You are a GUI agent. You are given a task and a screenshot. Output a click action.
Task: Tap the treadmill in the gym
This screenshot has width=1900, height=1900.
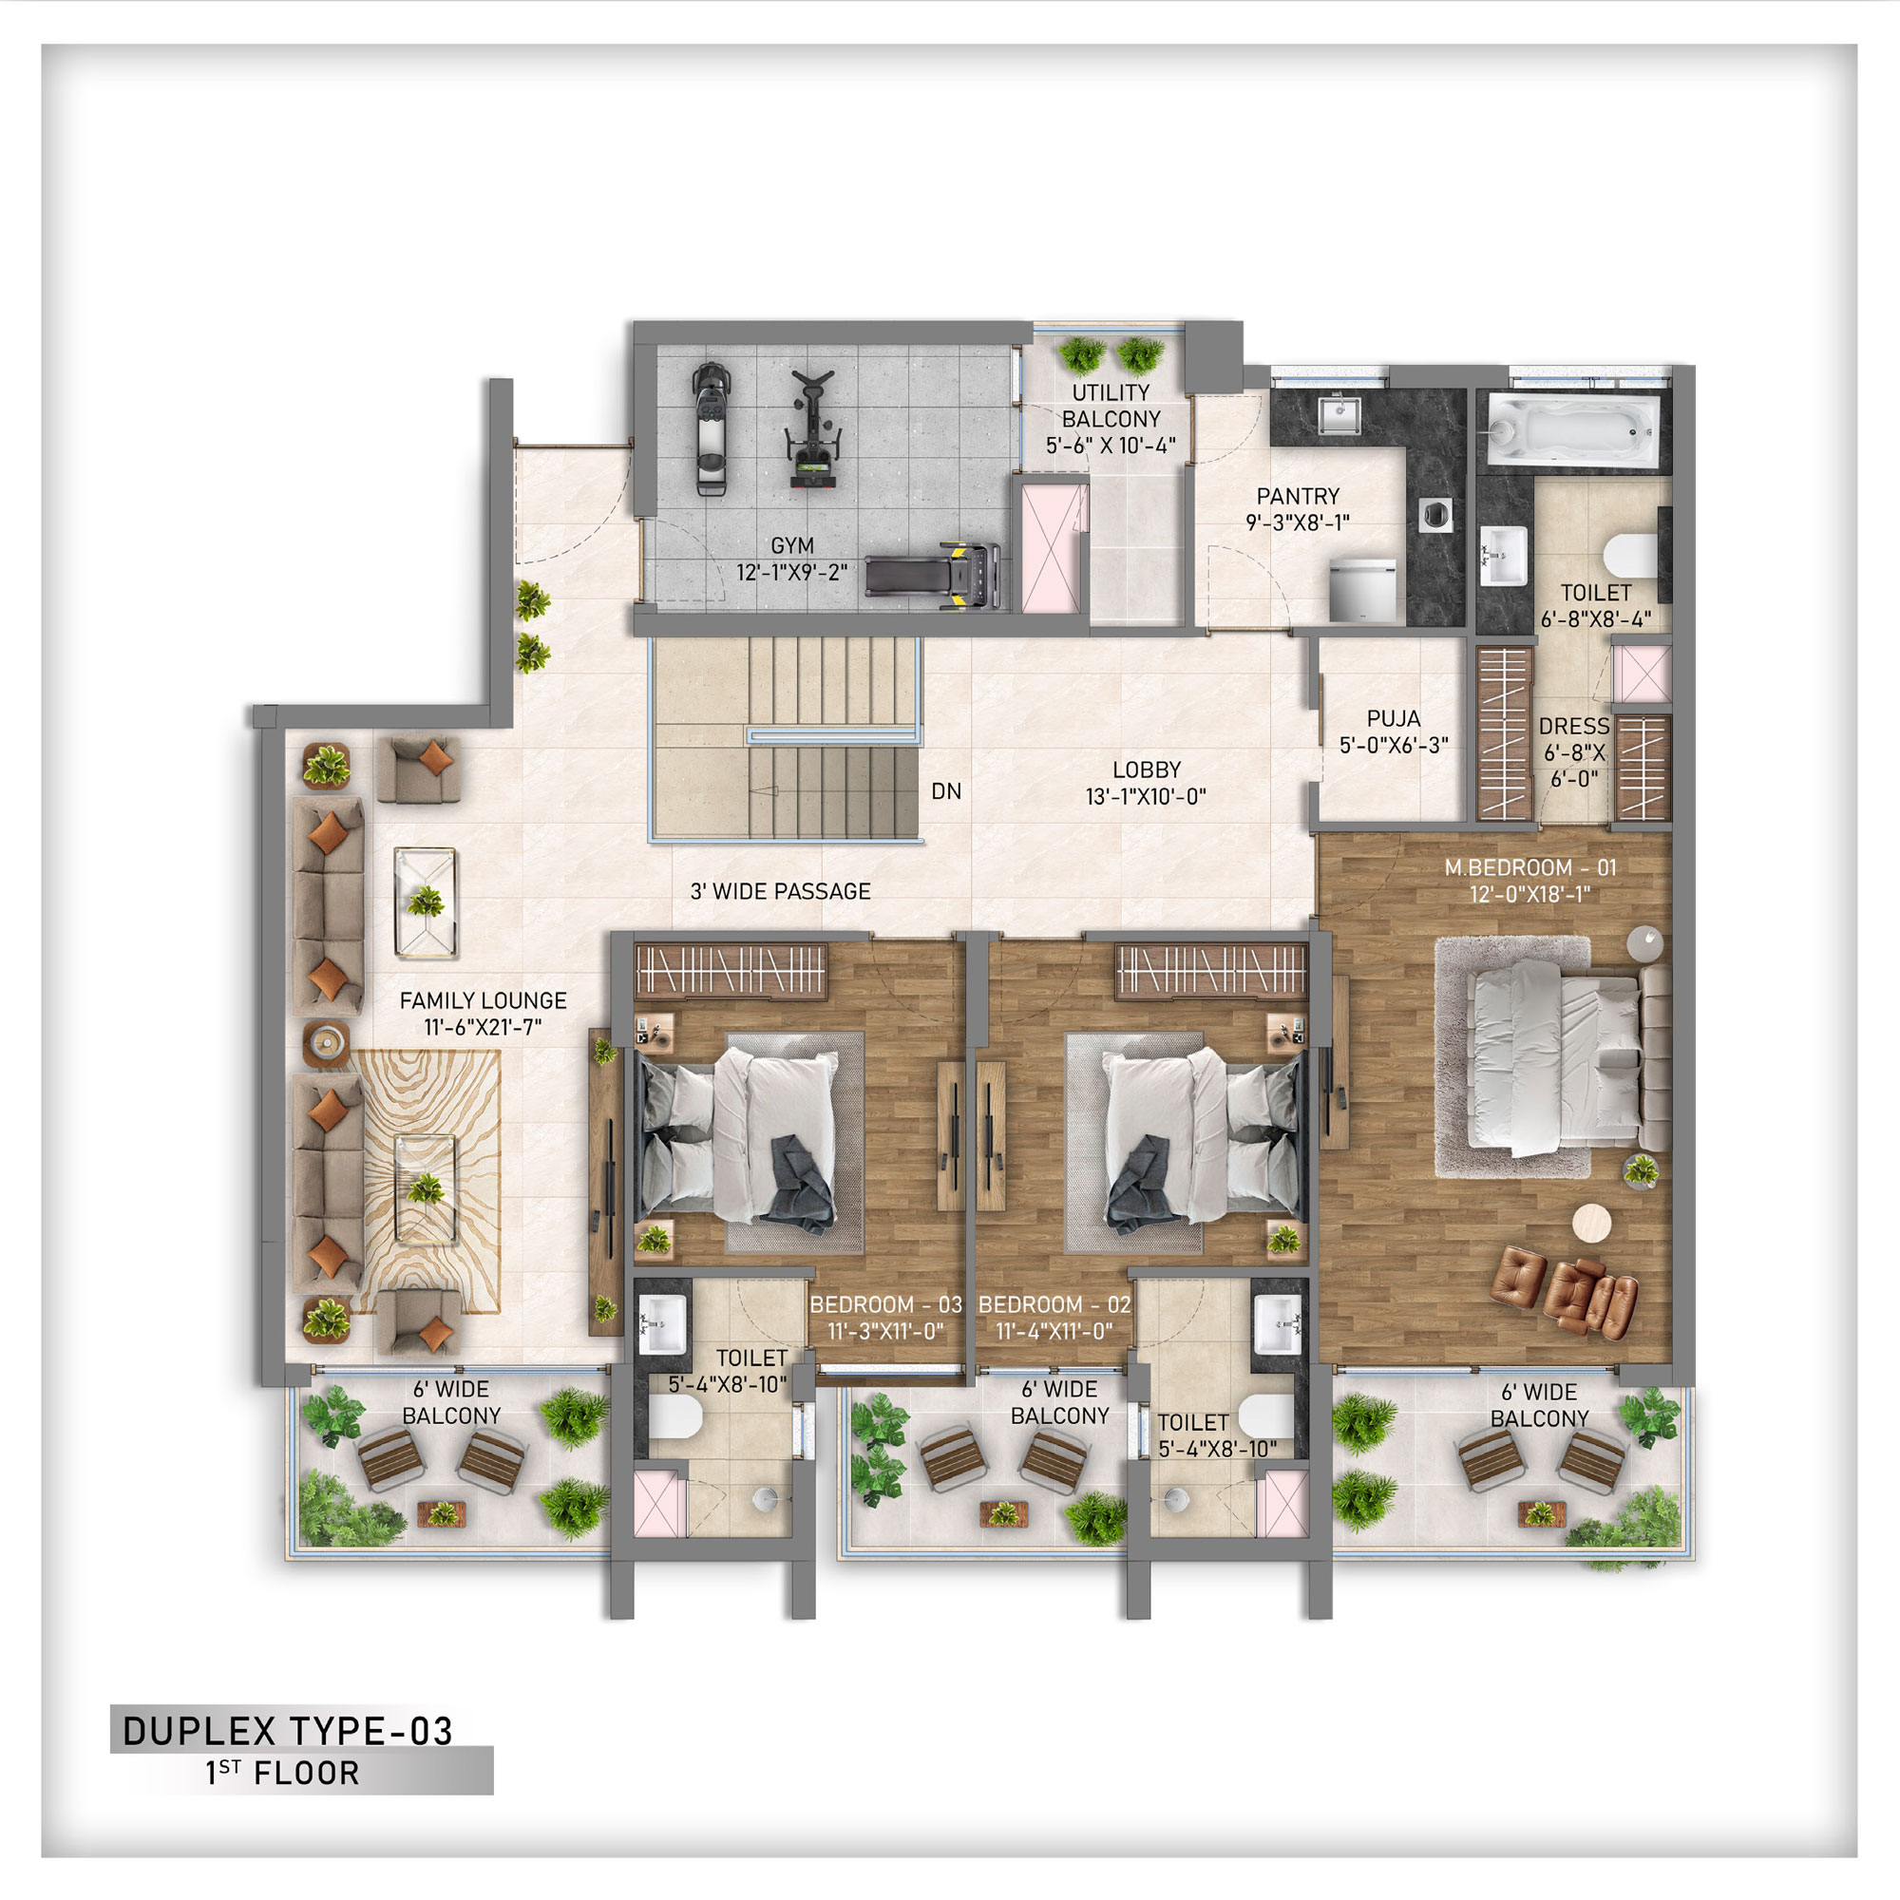(x=932, y=575)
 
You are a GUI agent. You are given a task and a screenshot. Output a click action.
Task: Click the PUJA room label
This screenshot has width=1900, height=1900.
(x=1394, y=719)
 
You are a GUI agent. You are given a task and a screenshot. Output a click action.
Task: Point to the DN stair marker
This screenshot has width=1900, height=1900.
(x=946, y=791)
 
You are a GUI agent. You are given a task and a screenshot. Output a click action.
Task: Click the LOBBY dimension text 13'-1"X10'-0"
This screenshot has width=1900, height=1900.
(x=1146, y=797)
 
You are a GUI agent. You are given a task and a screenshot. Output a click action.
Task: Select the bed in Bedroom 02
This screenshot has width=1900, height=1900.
(x=1204, y=1141)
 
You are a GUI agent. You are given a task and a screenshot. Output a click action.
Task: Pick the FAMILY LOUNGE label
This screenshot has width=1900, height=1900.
(x=483, y=1001)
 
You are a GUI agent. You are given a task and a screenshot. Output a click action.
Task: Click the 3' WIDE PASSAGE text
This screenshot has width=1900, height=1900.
(x=780, y=892)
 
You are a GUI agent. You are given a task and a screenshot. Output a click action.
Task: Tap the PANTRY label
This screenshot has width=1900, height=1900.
(x=1298, y=497)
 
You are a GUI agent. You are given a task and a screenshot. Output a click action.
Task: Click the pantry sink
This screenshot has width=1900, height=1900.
(x=1339, y=414)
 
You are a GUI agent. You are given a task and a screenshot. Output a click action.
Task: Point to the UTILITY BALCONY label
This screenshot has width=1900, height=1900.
(x=1111, y=407)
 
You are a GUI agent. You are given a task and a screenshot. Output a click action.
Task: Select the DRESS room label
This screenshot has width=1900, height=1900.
(x=1573, y=727)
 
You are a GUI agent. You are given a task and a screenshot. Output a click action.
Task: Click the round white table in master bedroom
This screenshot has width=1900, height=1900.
(x=1591, y=1224)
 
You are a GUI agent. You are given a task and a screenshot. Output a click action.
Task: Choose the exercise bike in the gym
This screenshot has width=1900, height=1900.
(x=813, y=429)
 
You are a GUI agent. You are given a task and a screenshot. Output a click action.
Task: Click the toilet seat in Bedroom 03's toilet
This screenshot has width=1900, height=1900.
(x=675, y=1418)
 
